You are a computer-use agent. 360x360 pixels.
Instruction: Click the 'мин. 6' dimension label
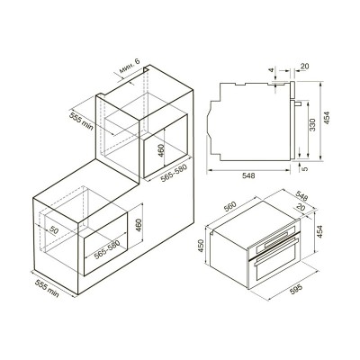pos(130,66)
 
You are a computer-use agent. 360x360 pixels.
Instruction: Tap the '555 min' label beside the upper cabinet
pos(81,121)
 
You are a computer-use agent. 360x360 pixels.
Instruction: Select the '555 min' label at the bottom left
pos(47,288)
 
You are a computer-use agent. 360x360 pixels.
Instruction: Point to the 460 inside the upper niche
pos(161,150)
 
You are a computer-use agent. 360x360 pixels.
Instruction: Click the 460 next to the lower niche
pos(139,225)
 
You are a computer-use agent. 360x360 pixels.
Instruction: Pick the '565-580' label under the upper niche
pos(174,173)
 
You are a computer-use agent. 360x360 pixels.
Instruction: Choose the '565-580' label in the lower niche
pos(107,249)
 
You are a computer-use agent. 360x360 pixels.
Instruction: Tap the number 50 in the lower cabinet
pos(54,230)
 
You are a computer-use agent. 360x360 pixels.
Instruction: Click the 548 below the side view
pos(248,175)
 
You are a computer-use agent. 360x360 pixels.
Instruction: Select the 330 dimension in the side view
pos(312,125)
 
